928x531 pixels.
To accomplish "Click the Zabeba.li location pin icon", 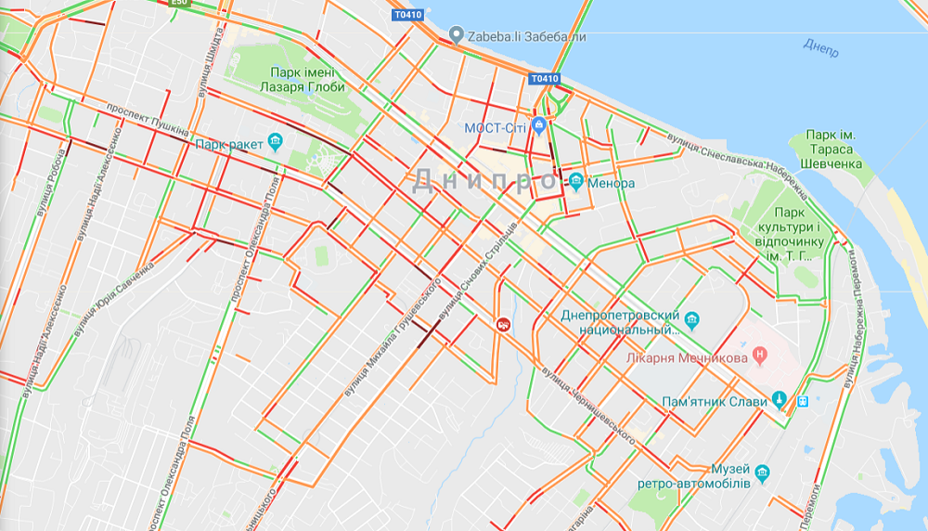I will (456, 35).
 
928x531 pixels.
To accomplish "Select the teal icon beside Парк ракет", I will (275, 143).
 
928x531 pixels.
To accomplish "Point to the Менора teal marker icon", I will (577, 182).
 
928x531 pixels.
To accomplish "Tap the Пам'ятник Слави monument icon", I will (780, 401).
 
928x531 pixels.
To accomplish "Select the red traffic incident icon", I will (503, 324).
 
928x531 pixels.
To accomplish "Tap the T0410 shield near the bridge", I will (546, 79).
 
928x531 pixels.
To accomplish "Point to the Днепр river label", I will (821, 46).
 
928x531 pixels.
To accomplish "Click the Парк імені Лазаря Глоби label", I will (303, 80).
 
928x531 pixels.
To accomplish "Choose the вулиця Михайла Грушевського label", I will (390, 343).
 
